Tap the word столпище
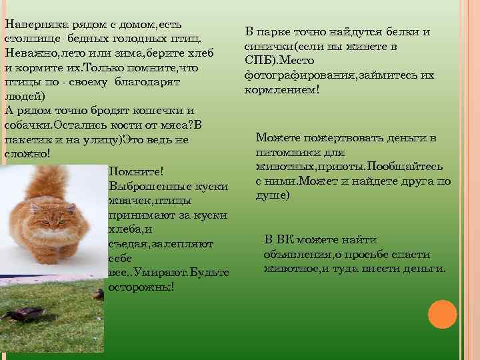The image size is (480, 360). (29, 38)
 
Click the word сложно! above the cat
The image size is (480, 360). (27, 154)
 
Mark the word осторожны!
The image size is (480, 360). (141, 287)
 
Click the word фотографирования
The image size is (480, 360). (299, 75)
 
